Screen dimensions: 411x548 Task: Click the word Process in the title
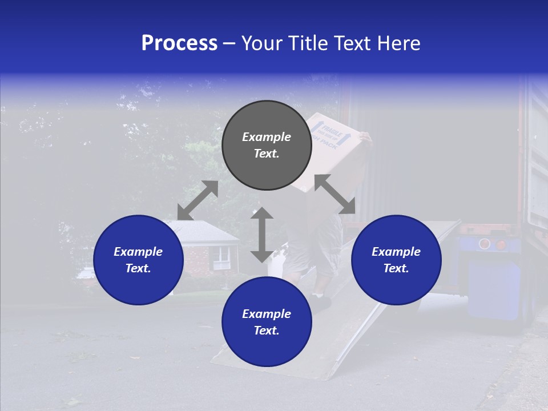179,43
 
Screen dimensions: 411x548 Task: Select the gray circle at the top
267,146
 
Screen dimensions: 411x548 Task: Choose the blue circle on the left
138,260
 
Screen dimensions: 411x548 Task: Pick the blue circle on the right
396,260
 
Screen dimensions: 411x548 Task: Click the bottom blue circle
267,322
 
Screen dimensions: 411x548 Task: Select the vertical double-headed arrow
262,235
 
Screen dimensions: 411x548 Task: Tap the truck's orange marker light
502,244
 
